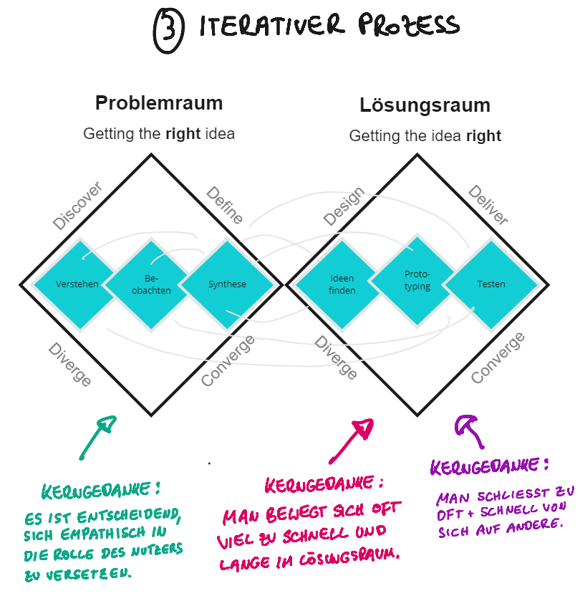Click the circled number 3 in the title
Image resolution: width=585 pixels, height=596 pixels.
169,32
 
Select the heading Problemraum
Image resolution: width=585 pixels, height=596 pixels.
159,103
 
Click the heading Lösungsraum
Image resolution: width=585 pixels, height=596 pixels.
425,106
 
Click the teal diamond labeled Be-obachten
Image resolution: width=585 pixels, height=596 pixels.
152,284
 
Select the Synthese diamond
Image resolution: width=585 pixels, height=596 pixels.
227,284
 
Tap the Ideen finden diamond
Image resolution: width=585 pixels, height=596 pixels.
342,284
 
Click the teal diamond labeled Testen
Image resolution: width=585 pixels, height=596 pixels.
491,284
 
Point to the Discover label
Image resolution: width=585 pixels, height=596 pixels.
78,206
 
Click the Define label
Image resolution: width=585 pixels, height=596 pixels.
225,206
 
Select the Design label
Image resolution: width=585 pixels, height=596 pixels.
344,207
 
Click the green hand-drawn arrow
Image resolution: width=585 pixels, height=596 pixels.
97,436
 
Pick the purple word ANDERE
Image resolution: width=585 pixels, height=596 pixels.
534,522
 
